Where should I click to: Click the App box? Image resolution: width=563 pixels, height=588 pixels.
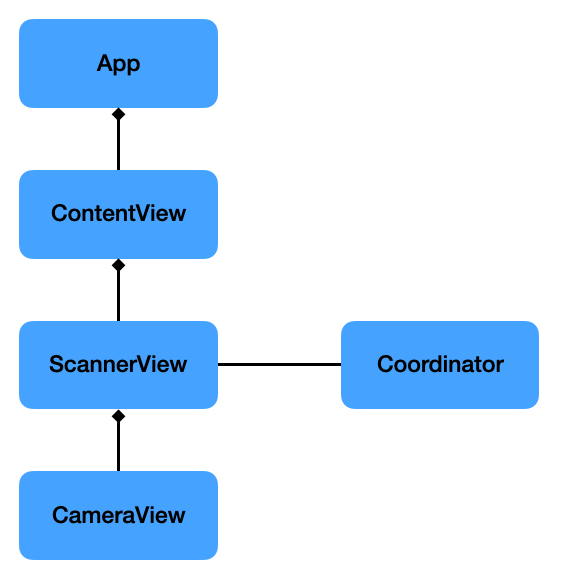coord(118,63)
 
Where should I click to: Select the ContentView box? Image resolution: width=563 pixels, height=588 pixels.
coord(118,214)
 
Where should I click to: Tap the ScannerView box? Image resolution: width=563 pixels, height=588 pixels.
coord(118,365)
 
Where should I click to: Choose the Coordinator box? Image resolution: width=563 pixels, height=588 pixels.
coord(440,365)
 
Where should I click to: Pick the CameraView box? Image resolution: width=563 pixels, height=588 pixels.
coord(118,516)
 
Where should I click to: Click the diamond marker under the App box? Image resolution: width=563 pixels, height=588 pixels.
coord(118,115)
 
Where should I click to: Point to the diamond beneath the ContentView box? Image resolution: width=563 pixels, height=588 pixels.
coord(118,266)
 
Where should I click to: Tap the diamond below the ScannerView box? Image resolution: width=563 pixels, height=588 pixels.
coord(118,416)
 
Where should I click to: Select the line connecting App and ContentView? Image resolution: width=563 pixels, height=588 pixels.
coord(118,145)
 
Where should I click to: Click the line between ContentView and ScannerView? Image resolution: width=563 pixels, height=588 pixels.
coord(118,296)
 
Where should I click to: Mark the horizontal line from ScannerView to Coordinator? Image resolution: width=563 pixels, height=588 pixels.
coord(279,365)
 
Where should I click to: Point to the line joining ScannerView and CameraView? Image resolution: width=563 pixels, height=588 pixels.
coord(118,446)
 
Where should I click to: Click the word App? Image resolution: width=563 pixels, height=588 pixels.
coord(118,64)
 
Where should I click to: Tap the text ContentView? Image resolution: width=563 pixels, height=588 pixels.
coord(118,214)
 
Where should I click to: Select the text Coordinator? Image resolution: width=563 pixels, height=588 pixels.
coord(440,365)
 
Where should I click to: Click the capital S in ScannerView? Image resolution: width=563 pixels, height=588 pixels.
coord(57,365)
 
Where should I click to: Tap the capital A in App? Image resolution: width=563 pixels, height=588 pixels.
coord(104,63)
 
